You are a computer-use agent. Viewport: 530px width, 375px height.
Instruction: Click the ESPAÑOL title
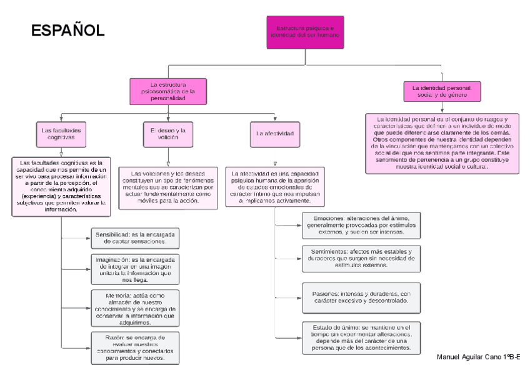(68, 31)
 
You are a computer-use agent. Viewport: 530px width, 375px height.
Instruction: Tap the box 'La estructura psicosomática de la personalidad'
(168, 91)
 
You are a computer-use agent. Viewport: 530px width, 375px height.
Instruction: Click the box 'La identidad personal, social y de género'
(441, 91)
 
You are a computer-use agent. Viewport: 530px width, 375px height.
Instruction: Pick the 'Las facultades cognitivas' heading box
(61, 133)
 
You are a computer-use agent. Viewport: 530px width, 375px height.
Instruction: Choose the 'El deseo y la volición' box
(168, 133)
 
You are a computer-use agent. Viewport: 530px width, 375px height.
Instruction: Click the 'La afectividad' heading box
(275, 133)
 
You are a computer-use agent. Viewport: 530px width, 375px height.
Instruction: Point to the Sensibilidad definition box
(134, 237)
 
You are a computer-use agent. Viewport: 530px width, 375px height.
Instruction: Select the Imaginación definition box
(134, 269)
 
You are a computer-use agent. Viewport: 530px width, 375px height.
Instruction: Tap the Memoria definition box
(134, 307)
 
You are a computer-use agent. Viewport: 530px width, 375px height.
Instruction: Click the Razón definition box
(134, 348)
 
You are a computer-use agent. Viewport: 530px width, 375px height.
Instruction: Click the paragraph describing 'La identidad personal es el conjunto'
(441, 143)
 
